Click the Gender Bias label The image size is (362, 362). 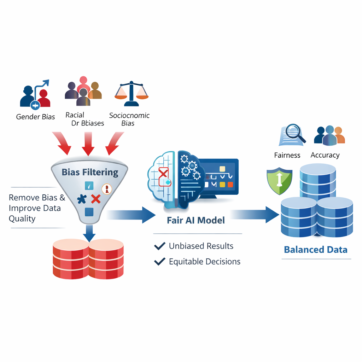[x=35, y=117]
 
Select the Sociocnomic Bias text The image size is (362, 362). [x=129, y=119]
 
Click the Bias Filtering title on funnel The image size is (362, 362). [x=90, y=172]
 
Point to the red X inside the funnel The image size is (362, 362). [x=95, y=199]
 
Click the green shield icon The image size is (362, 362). [x=279, y=181]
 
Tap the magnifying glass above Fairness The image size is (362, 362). [x=294, y=132]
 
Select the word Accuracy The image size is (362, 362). [x=325, y=155]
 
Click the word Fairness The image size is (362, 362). [x=287, y=155]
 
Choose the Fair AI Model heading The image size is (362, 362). [x=195, y=220]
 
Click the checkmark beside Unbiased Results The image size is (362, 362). [x=160, y=246]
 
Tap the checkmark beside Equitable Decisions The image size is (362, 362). [x=160, y=262]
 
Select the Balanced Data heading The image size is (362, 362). [x=316, y=250]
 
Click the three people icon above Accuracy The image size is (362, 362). [x=329, y=135]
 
